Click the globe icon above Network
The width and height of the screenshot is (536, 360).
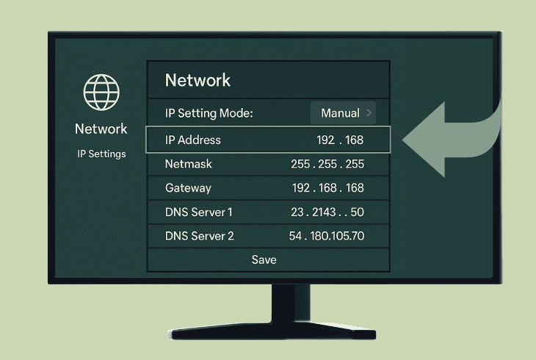(x=101, y=92)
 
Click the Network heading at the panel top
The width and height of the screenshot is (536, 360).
(x=198, y=80)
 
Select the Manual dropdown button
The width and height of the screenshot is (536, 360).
(x=343, y=113)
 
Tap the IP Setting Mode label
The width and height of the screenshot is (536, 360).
(x=209, y=113)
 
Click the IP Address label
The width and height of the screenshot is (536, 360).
(x=193, y=140)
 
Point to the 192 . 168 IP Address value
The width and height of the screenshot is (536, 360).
(x=340, y=140)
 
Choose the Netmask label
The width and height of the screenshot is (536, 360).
(x=189, y=164)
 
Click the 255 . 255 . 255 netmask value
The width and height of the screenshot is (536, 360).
(x=327, y=164)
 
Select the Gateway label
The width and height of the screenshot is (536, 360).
(x=188, y=188)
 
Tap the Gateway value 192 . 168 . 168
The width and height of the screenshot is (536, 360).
(x=327, y=188)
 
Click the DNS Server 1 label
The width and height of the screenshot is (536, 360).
(x=199, y=212)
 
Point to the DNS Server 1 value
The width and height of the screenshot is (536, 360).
(x=327, y=212)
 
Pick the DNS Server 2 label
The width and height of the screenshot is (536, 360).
(x=200, y=236)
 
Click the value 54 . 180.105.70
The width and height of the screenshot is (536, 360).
(x=327, y=236)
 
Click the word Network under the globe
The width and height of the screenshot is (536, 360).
(x=101, y=129)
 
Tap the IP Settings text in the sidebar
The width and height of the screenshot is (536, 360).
(x=101, y=154)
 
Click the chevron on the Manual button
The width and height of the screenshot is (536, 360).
(x=369, y=113)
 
